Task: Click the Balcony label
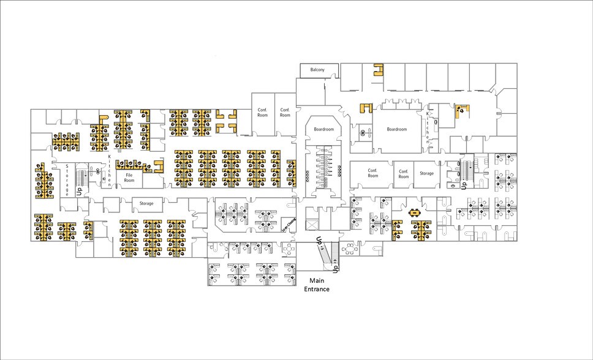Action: pos(317,70)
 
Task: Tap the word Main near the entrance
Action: pos(317,282)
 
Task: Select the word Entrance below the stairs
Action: pos(317,290)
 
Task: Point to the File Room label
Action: pos(129,178)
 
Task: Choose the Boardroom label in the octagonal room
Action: pos(323,130)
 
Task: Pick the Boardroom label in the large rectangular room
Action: pos(397,129)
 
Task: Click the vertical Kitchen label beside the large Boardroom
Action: pos(427,129)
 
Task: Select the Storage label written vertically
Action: pos(67,180)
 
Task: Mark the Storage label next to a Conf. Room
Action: pos(427,173)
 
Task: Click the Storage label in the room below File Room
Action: pos(146,203)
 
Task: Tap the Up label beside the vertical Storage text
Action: pos(79,191)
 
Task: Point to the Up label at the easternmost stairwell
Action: pos(464,183)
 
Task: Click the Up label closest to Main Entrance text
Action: pos(336,268)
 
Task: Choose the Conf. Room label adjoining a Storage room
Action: pos(402,173)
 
